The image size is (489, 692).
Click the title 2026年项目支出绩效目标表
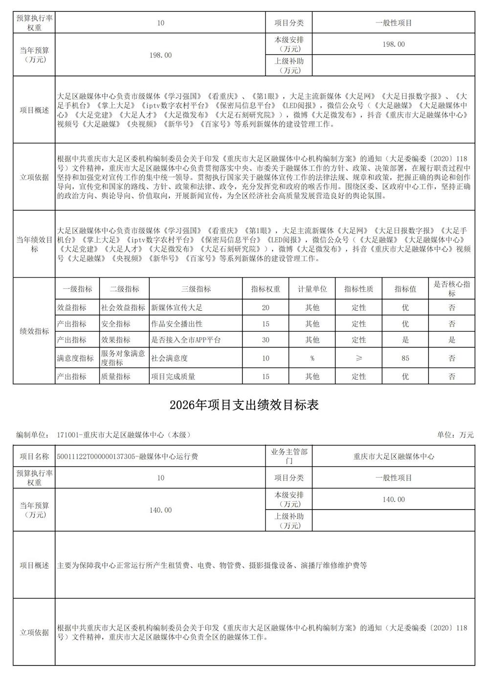coord(244,405)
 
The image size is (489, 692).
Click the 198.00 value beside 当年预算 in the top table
coord(160,55)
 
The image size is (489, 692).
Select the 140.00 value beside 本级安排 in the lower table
coord(393,500)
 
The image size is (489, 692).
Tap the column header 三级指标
coord(196,289)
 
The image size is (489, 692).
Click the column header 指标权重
coord(266,289)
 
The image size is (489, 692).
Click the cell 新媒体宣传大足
coord(177,308)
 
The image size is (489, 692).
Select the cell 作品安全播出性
coord(177,324)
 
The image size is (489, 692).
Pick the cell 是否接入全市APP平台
coord(186,340)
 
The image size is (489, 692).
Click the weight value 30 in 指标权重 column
coord(266,340)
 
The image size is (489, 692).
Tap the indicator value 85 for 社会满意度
coord(405,358)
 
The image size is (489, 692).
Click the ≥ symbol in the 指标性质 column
coord(358,358)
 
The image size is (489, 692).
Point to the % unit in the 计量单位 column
coord(312,358)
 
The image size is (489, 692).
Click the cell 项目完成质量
coord(174,376)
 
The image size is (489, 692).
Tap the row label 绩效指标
coord(34,331)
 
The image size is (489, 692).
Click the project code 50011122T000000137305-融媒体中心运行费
coord(128,457)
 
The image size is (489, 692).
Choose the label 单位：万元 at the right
coord(455,435)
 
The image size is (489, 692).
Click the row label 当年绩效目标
coord(34,244)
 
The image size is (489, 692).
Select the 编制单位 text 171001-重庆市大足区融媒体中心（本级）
coord(124,435)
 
